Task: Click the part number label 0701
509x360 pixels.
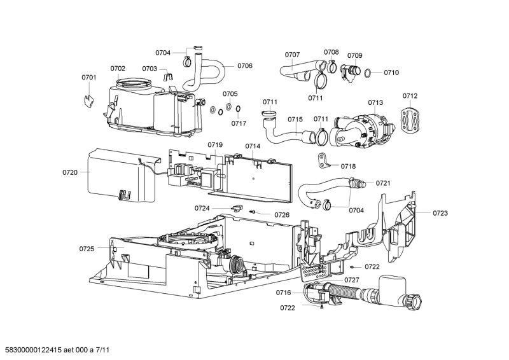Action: point(89,78)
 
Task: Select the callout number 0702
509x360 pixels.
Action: point(118,68)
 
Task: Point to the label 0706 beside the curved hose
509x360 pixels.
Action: point(245,66)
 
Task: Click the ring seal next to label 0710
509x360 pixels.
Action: point(368,73)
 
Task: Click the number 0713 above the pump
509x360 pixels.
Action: point(375,102)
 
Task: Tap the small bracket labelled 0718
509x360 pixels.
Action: point(324,160)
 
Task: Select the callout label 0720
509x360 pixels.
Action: point(70,172)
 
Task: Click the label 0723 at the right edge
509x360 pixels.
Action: point(440,213)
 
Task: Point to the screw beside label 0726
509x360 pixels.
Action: point(253,212)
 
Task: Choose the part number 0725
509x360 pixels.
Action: point(87,248)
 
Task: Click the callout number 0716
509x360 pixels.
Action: point(283,293)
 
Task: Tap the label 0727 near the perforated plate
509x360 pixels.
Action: point(352,280)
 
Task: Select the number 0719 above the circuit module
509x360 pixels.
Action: point(215,145)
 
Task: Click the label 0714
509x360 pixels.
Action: point(253,146)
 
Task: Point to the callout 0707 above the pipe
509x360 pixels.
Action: point(292,55)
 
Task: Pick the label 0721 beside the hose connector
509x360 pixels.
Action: point(383,183)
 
